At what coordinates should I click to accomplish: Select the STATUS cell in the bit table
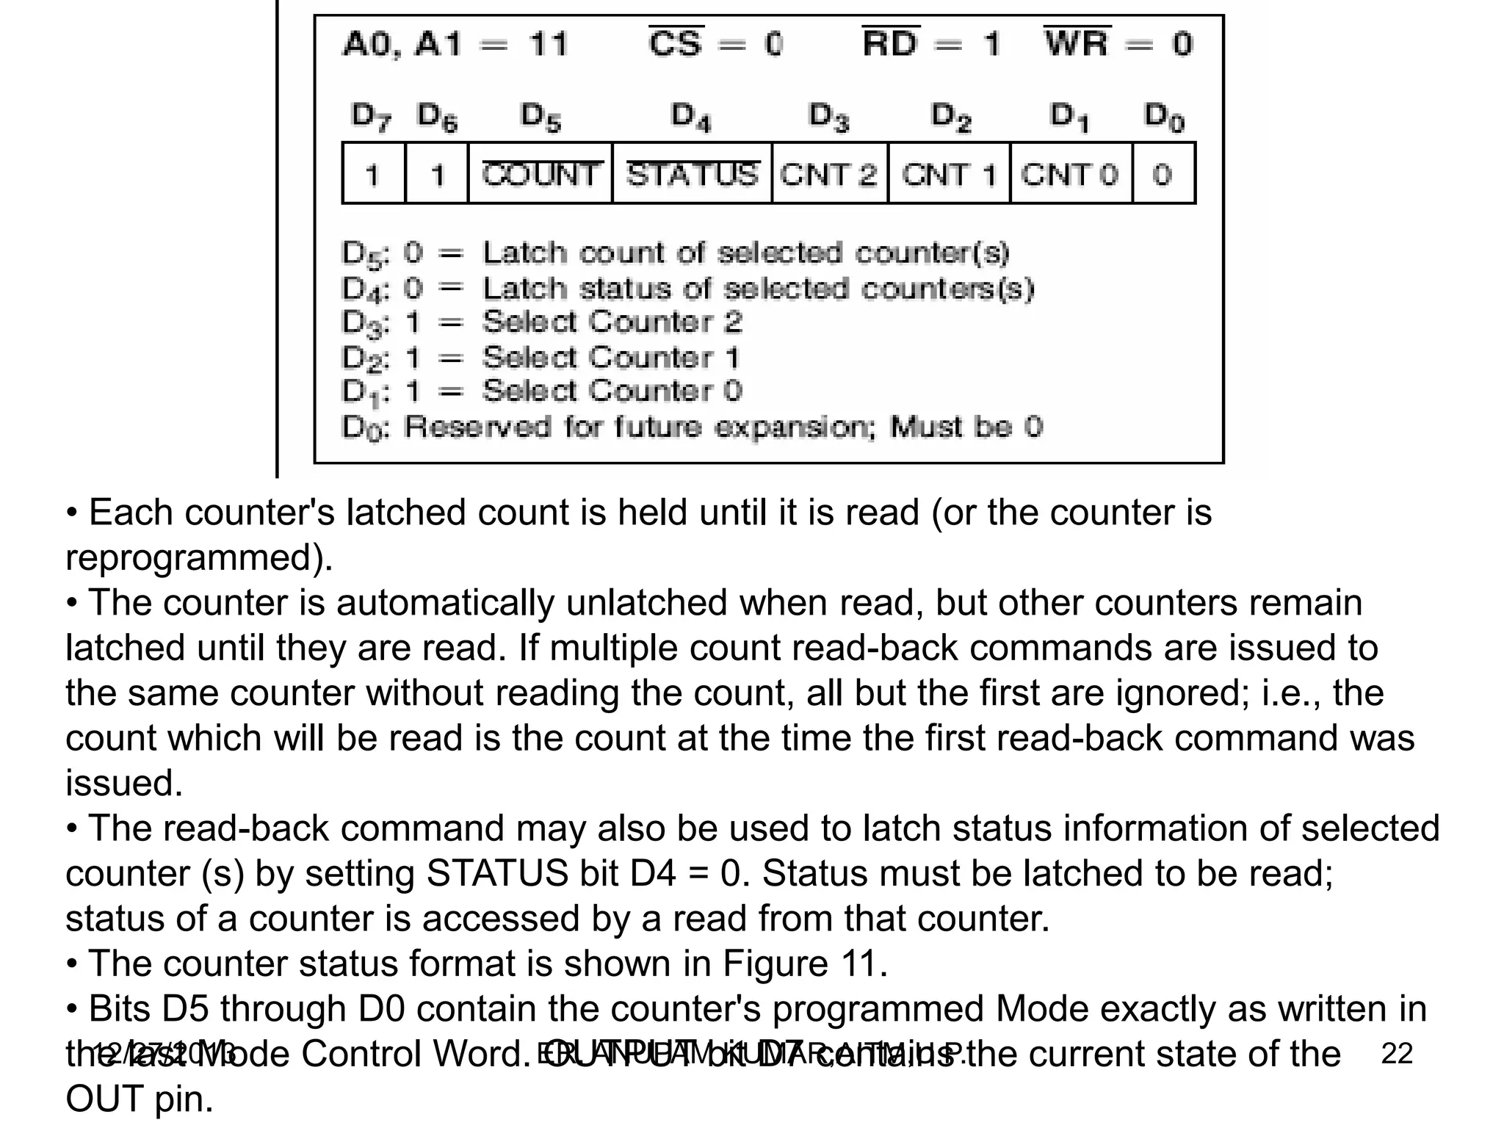click(692, 175)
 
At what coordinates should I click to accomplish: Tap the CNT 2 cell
click(829, 175)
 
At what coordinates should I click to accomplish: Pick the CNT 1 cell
click(949, 175)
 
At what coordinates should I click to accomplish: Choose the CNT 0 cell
click(1070, 175)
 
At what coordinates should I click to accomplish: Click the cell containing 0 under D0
click(1163, 175)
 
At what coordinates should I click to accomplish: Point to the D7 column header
click(372, 117)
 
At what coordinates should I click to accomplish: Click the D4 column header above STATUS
click(691, 117)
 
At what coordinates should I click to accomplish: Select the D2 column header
click(951, 117)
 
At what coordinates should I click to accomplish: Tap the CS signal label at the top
click(676, 43)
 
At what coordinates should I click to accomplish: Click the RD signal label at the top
click(890, 43)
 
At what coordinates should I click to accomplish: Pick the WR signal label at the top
click(1077, 43)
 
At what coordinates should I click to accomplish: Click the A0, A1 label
click(402, 45)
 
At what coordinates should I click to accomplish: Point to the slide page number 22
click(1397, 1053)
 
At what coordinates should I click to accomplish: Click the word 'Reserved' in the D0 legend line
click(477, 427)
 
